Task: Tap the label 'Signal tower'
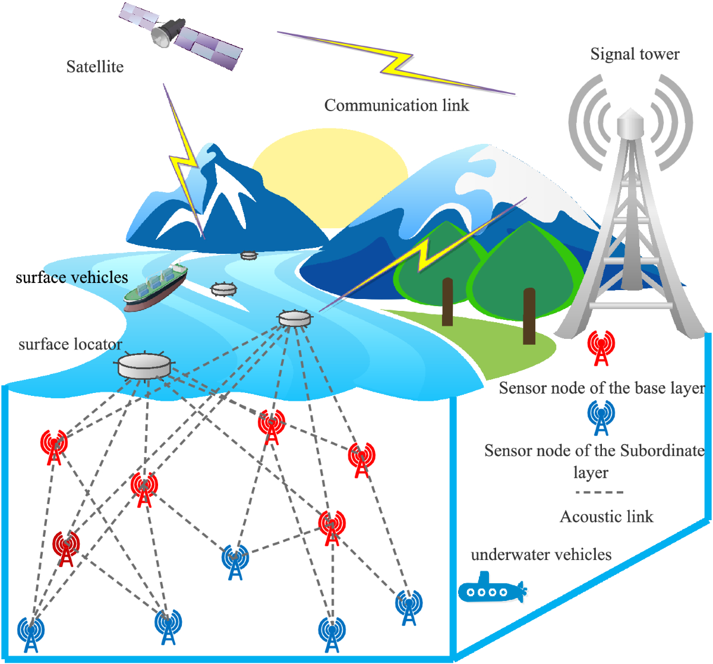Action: (x=635, y=54)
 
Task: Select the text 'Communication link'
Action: (x=396, y=105)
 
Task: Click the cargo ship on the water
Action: (x=156, y=287)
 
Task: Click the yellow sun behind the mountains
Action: (x=330, y=161)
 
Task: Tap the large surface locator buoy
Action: (x=144, y=366)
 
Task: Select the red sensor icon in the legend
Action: (x=601, y=348)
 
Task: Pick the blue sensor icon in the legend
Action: (x=601, y=417)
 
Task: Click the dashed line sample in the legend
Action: (x=599, y=492)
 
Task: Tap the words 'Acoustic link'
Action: (x=606, y=517)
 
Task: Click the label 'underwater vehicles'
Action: (x=541, y=555)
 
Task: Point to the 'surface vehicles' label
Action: (x=71, y=277)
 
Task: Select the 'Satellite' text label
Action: (x=95, y=67)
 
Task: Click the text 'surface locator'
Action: (x=70, y=344)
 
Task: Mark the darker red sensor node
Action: (x=65, y=549)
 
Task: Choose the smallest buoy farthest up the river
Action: (x=248, y=255)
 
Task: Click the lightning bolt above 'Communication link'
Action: (x=397, y=62)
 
